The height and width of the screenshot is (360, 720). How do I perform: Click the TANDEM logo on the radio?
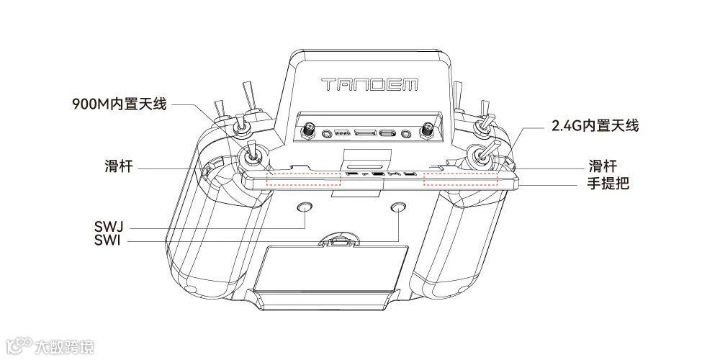click(x=369, y=84)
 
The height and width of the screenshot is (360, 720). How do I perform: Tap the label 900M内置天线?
click(x=119, y=104)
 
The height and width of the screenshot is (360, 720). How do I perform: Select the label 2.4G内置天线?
click(x=595, y=125)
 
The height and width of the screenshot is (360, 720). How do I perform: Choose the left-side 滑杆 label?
click(x=117, y=168)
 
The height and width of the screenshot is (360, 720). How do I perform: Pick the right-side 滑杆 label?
click(x=603, y=166)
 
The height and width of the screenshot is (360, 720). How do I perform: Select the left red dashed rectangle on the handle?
click(x=303, y=179)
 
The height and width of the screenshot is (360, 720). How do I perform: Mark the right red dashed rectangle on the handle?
click(x=460, y=179)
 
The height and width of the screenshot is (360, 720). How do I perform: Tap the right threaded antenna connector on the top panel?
click(x=427, y=131)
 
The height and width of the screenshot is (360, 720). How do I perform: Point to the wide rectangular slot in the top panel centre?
click(x=365, y=133)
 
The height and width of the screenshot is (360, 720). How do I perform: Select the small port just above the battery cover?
click(x=339, y=243)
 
